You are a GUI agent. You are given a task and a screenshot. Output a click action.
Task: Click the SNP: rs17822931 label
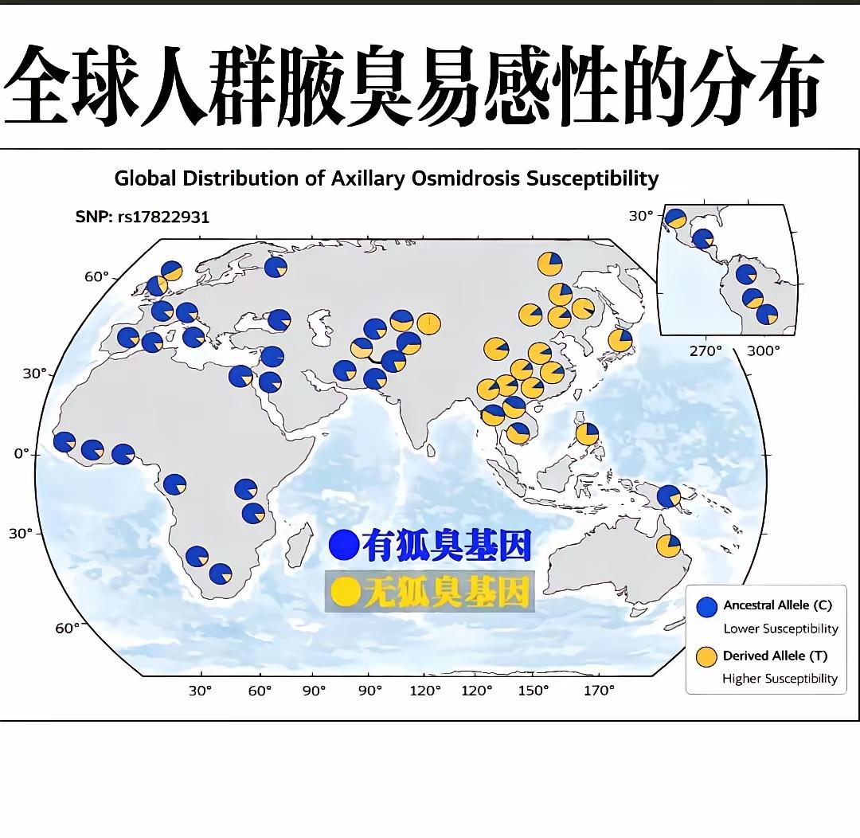(143, 217)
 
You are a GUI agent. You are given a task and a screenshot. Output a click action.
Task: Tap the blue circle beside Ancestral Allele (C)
(707, 607)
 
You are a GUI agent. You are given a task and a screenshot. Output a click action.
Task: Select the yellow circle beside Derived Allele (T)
(707, 657)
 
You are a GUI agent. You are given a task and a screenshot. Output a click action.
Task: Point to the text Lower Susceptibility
(780, 629)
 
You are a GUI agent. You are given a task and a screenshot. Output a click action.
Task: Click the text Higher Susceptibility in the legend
(780, 679)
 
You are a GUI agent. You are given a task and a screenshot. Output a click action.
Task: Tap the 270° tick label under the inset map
(706, 350)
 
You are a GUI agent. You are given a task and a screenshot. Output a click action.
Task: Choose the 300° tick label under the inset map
(764, 350)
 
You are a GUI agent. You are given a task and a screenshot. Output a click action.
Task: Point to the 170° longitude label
(599, 691)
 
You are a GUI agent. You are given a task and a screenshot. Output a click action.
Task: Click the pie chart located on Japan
(620, 340)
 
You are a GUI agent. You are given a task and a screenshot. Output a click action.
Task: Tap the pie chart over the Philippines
(587, 434)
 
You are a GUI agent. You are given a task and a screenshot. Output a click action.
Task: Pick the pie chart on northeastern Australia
(668, 546)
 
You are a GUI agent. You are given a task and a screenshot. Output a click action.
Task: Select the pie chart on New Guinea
(668, 496)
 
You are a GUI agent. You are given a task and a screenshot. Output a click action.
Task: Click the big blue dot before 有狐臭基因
(346, 546)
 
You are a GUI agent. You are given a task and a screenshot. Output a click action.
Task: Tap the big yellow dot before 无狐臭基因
(346, 591)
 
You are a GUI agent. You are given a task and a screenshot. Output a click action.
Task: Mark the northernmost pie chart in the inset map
(676, 218)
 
